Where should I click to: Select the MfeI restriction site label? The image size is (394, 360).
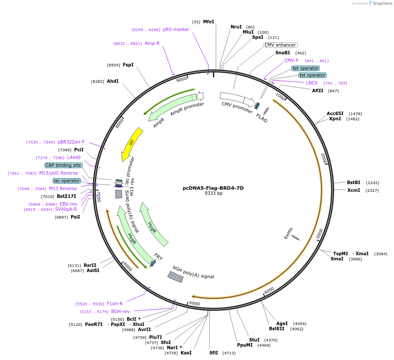(209, 22)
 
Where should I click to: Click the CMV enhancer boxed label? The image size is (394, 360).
(280, 45)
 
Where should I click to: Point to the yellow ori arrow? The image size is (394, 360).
(131, 144)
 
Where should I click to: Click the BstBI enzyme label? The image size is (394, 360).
(353, 182)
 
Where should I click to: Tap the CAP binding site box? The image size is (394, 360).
(63, 165)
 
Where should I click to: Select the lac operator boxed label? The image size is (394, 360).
(67, 181)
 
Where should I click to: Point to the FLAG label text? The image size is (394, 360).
(262, 118)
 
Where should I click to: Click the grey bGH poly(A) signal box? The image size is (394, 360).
(175, 277)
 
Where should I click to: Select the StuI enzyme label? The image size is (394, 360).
(254, 340)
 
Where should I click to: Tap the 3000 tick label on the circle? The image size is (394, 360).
(319, 234)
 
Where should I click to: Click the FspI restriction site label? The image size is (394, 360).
(128, 65)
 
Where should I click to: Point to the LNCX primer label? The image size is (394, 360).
(312, 83)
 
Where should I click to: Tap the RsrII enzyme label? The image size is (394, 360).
(90, 266)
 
